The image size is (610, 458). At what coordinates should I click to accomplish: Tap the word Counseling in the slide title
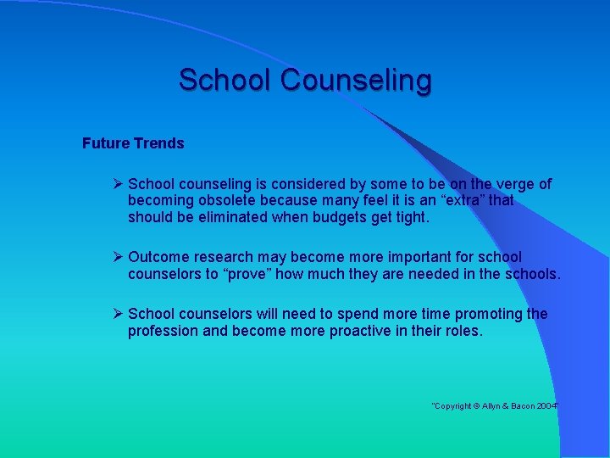(356, 81)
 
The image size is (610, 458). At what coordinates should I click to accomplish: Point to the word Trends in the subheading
(158, 143)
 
